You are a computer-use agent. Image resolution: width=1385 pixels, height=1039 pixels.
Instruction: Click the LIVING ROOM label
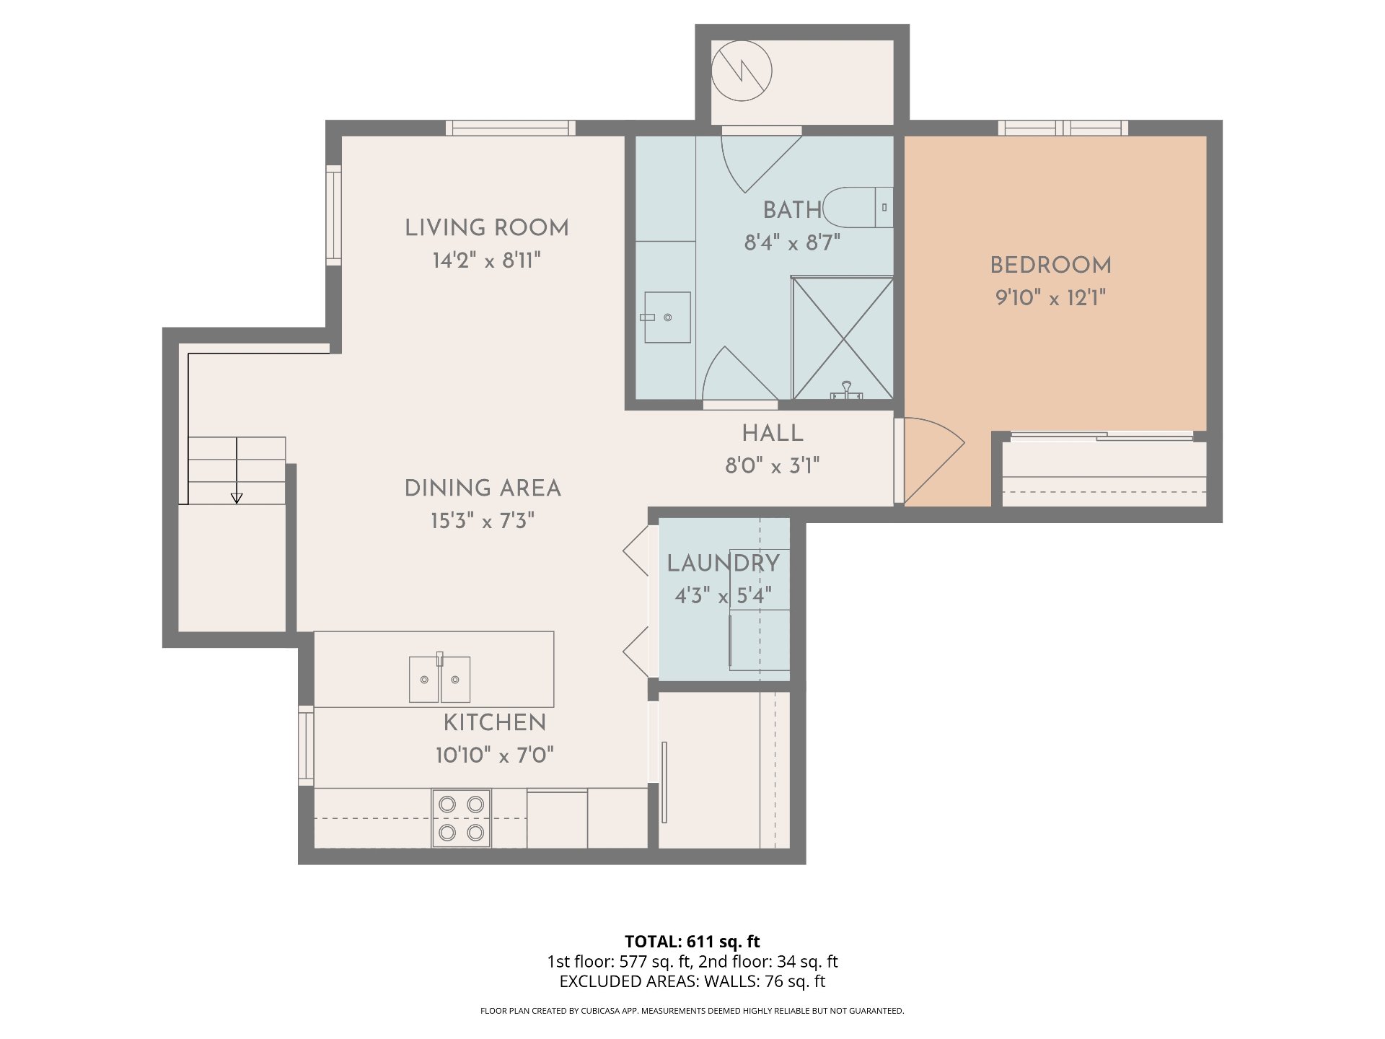click(x=487, y=228)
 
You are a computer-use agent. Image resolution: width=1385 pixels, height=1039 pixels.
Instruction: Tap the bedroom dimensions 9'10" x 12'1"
click(x=1051, y=297)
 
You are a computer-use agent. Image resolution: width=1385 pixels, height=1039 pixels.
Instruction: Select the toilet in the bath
click(x=858, y=208)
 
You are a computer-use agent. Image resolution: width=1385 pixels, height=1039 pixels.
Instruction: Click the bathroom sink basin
click(x=667, y=317)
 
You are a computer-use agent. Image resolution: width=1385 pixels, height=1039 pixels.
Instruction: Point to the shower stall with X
click(x=843, y=338)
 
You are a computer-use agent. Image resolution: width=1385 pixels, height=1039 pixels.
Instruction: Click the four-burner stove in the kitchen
click(x=461, y=818)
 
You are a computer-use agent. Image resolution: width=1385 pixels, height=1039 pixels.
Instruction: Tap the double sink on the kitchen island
click(x=440, y=678)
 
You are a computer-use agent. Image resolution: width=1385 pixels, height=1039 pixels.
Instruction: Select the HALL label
click(x=773, y=434)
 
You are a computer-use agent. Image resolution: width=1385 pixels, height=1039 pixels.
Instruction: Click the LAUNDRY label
click(x=723, y=564)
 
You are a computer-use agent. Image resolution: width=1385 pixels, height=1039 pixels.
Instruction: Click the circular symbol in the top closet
click(x=742, y=71)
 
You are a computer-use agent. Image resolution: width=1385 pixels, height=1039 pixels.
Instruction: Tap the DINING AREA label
click(x=483, y=488)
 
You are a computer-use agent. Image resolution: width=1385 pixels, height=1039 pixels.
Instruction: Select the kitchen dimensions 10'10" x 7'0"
click(x=495, y=755)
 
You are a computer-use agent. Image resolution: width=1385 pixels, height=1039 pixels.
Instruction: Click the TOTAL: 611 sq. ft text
click(x=692, y=942)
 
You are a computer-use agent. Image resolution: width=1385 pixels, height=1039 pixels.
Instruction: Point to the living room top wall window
click(x=511, y=128)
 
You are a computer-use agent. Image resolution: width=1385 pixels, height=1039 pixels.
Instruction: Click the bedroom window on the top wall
click(x=1063, y=128)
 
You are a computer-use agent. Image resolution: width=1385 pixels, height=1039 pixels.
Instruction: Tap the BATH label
click(x=793, y=210)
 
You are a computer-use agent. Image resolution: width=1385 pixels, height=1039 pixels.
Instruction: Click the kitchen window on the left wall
click(x=306, y=746)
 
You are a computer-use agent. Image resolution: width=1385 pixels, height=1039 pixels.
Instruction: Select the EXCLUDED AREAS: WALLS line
click(x=692, y=981)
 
